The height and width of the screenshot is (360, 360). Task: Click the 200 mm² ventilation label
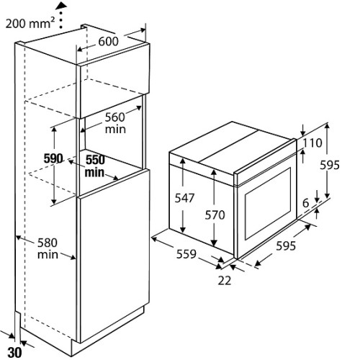pyautogui.click(x=30, y=23)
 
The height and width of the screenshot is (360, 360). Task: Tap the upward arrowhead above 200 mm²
pyautogui.click(x=61, y=5)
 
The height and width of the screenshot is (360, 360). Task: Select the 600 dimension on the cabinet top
pyautogui.click(x=109, y=41)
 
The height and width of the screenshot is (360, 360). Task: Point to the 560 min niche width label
pyautogui.click(x=115, y=123)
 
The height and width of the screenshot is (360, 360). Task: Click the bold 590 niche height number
pyautogui.click(x=53, y=158)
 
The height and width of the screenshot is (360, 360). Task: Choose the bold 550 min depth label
pyautogui.click(x=95, y=166)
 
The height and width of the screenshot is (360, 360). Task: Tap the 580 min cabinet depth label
pyautogui.click(x=48, y=248)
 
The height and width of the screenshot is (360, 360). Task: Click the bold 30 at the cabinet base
pyautogui.click(x=15, y=353)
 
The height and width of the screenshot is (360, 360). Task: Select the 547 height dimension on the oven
pyautogui.click(x=184, y=198)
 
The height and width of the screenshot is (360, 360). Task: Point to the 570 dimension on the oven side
pyautogui.click(x=215, y=215)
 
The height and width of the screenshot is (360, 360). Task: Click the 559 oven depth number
pyautogui.click(x=186, y=254)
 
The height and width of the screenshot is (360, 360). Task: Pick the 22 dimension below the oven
pyautogui.click(x=225, y=280)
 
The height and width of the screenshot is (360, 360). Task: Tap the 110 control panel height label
pyautogui.click(x=312, y=143)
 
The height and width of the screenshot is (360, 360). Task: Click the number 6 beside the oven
pyautogui.click(x=305, y=203)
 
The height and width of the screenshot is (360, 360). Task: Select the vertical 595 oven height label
pyautogui.click(x=330, y=165)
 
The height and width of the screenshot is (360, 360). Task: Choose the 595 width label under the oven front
pyautogui.click(x=286, y=246)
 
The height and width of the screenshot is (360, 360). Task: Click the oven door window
pyautogui.click(x=268, y=204)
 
